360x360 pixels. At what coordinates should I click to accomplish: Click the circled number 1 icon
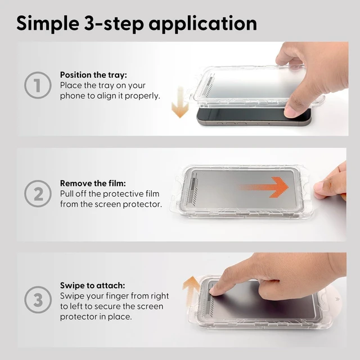click(x=38, y=85)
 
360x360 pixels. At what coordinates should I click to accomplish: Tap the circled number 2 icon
click(x=38, y=193)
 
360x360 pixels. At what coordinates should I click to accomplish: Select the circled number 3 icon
click(x=38, y=300)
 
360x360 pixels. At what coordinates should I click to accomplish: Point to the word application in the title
click(x=202, y=24)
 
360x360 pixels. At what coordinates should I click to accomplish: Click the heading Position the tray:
click(x=93, y=75)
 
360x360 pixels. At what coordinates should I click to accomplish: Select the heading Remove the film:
click(x=93, y=183)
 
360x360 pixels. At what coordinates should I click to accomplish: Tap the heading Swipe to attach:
click(x=92, y=285)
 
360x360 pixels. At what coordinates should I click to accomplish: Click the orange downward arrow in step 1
click(x=180, y=102)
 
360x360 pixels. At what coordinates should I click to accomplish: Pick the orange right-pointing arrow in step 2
click(x=263, y=187)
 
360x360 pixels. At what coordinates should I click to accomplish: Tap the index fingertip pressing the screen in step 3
click(x=214, y=291)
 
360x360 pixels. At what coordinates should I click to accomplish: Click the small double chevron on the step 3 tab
click(x=337, y=299)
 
